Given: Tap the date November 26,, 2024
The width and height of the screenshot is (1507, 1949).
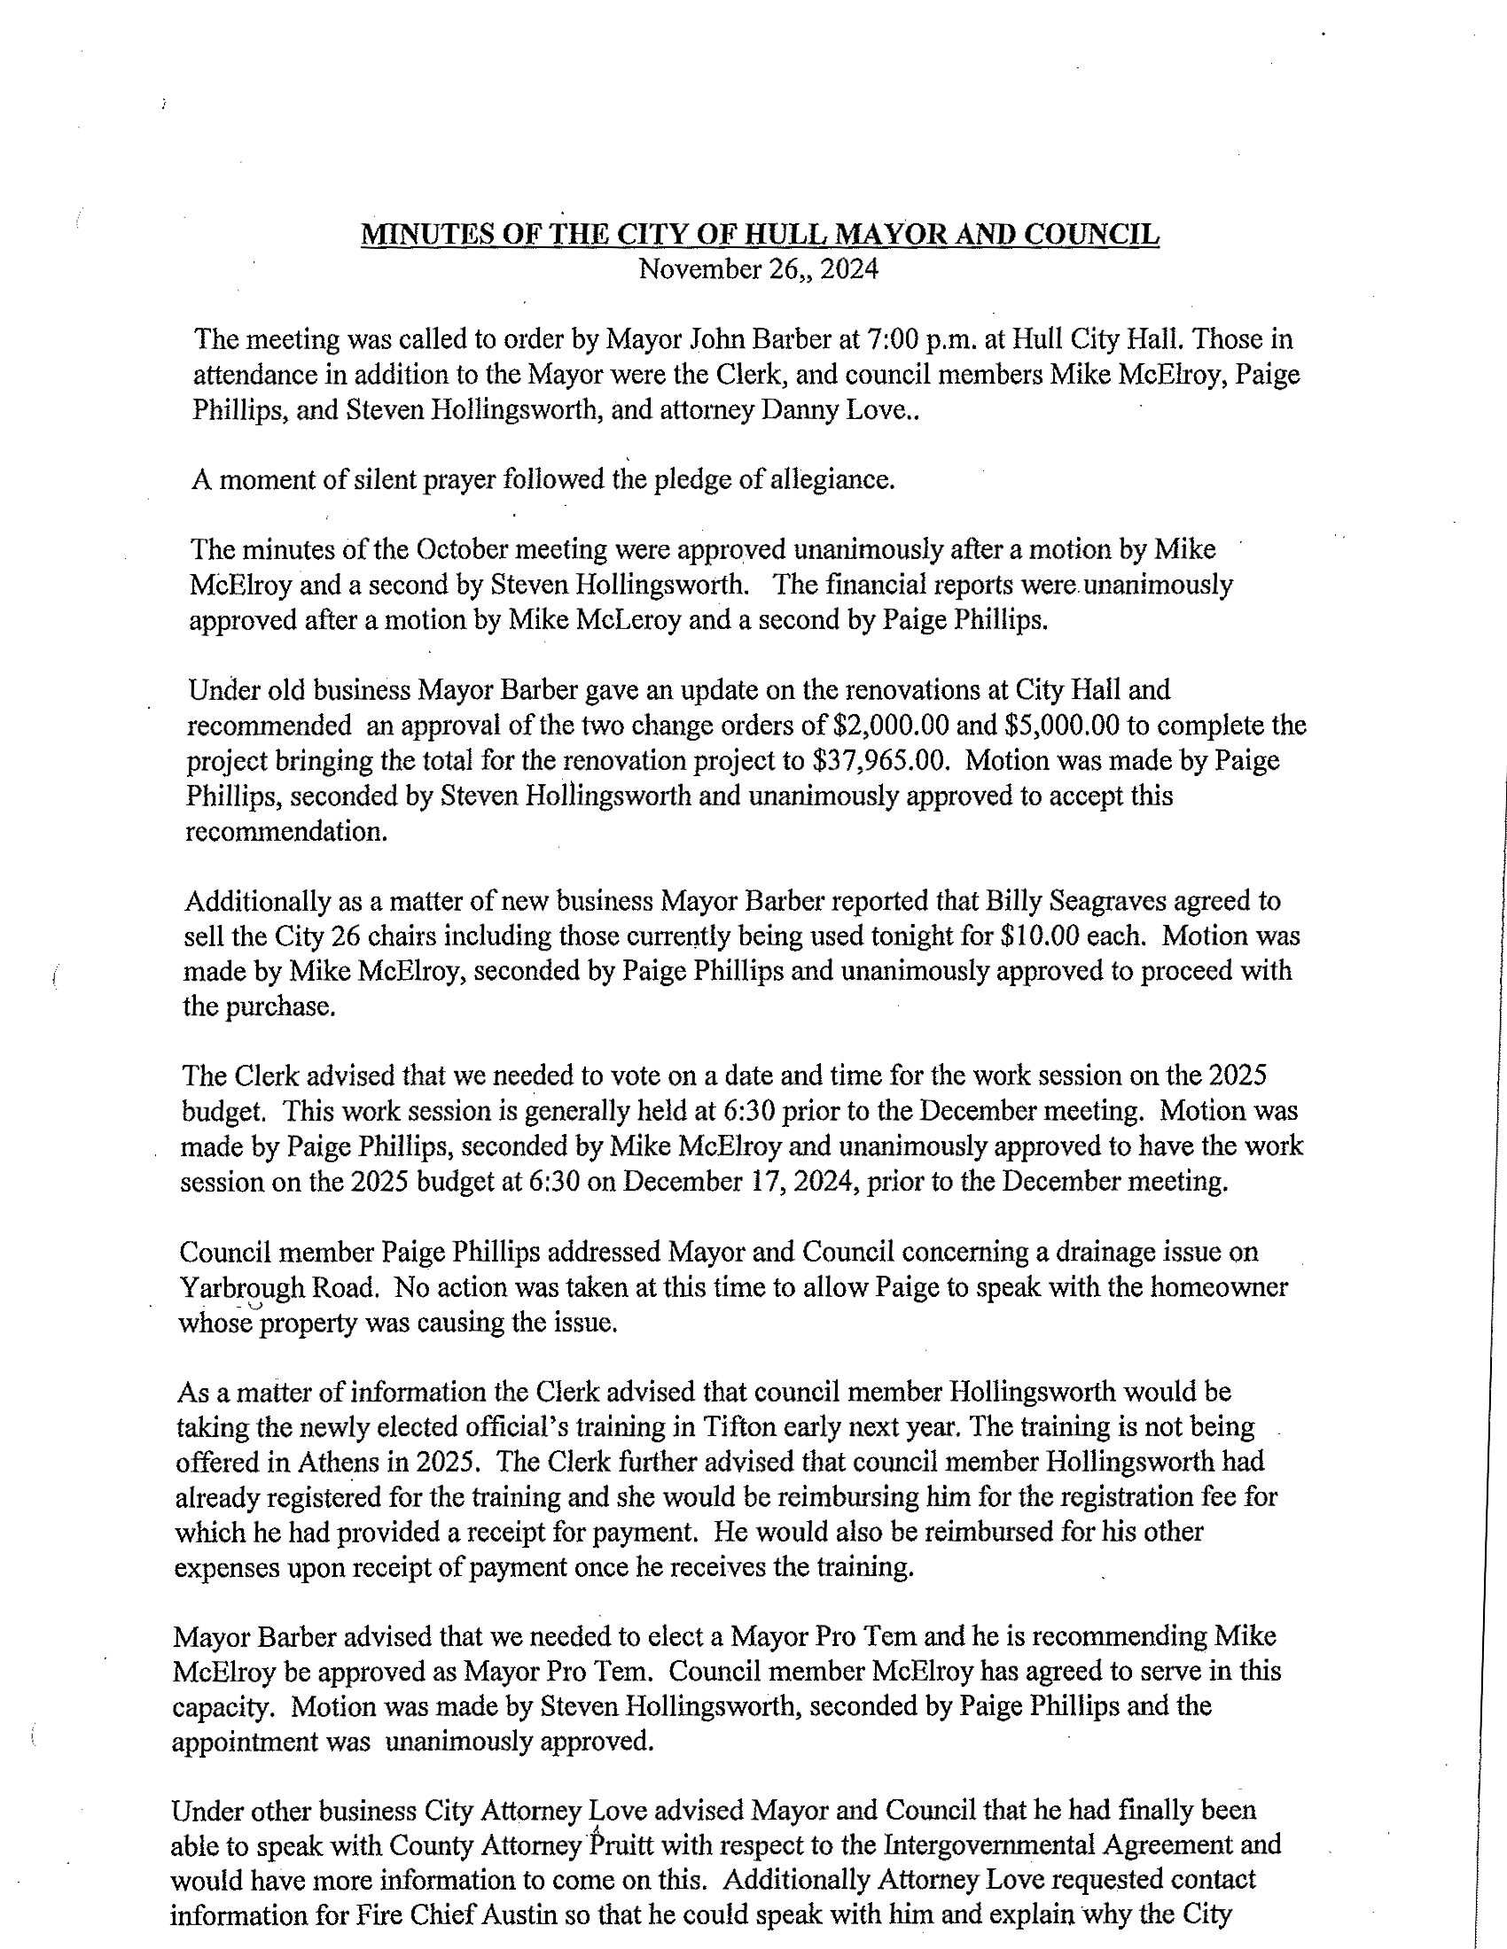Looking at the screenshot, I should [758, 269].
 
